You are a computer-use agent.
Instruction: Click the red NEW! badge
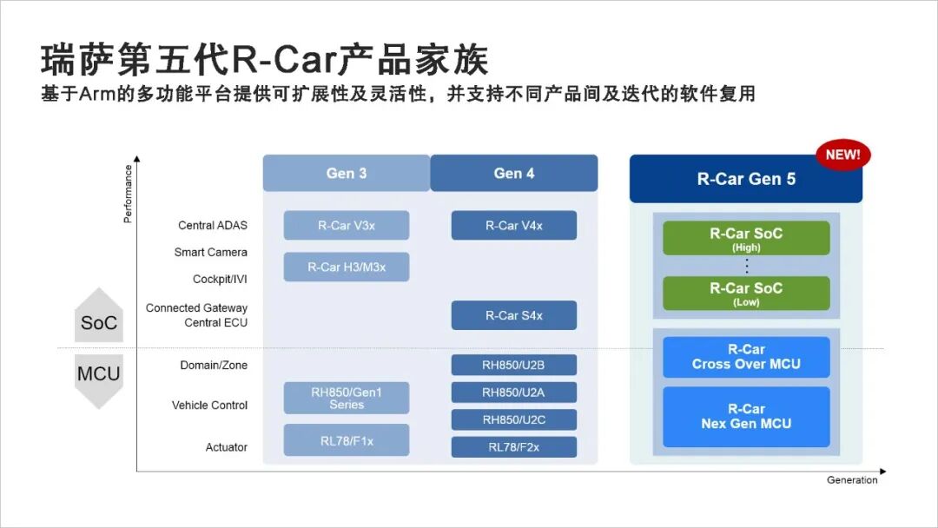(842, 155)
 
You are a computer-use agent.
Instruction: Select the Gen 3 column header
(347, 173)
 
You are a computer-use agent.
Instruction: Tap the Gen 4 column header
(514, 173)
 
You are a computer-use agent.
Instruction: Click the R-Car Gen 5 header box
(745, 180)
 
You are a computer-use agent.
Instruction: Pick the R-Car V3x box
(347, 225)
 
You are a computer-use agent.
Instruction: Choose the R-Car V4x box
(514, 225)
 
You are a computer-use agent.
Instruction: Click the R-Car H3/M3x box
(347, 267)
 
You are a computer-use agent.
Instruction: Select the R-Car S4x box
(514, 315)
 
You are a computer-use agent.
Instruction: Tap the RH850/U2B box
(514, 365)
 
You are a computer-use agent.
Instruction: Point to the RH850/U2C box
(514, 419)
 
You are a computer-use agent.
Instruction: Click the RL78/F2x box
(514, 447)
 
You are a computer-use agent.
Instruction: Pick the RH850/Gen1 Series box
(347, 398)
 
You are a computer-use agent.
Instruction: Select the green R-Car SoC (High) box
(746, 238)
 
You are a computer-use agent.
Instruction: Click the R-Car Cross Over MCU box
(746, 357)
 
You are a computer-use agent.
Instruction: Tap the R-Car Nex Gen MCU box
(746, 416)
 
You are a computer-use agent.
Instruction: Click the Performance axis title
(129, 194)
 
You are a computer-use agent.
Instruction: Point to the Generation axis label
(852, 480)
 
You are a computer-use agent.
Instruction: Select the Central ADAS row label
(213, 225)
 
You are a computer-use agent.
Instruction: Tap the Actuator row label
(226, 447)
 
